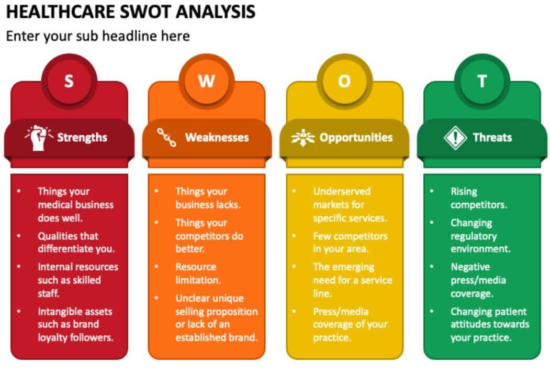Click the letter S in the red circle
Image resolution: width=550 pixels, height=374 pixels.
coord(69,81)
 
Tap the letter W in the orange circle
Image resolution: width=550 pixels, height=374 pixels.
coord(206,81)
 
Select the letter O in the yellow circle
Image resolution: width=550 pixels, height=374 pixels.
coord(344,81)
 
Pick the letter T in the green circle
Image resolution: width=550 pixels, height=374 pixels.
coord(482,81)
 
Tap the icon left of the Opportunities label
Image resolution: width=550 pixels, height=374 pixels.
coord(304,137)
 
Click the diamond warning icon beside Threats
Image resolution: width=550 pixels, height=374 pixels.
coord(455,137)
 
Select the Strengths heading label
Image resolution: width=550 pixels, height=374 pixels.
coord(82,137)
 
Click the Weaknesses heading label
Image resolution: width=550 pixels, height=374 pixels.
coord(217,137)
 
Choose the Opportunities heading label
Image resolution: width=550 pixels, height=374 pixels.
coord(356,137)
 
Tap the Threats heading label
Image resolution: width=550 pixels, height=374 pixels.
coord(492,137)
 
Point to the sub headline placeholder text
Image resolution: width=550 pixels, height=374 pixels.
coord(97,36)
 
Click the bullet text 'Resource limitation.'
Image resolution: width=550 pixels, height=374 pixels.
coord(198,273)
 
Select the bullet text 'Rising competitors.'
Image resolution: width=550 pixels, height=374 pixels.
coord(478,198)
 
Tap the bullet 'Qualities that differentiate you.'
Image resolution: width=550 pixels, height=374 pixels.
coord(75,242)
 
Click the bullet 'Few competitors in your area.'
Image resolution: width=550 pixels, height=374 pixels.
coord(350,242)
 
